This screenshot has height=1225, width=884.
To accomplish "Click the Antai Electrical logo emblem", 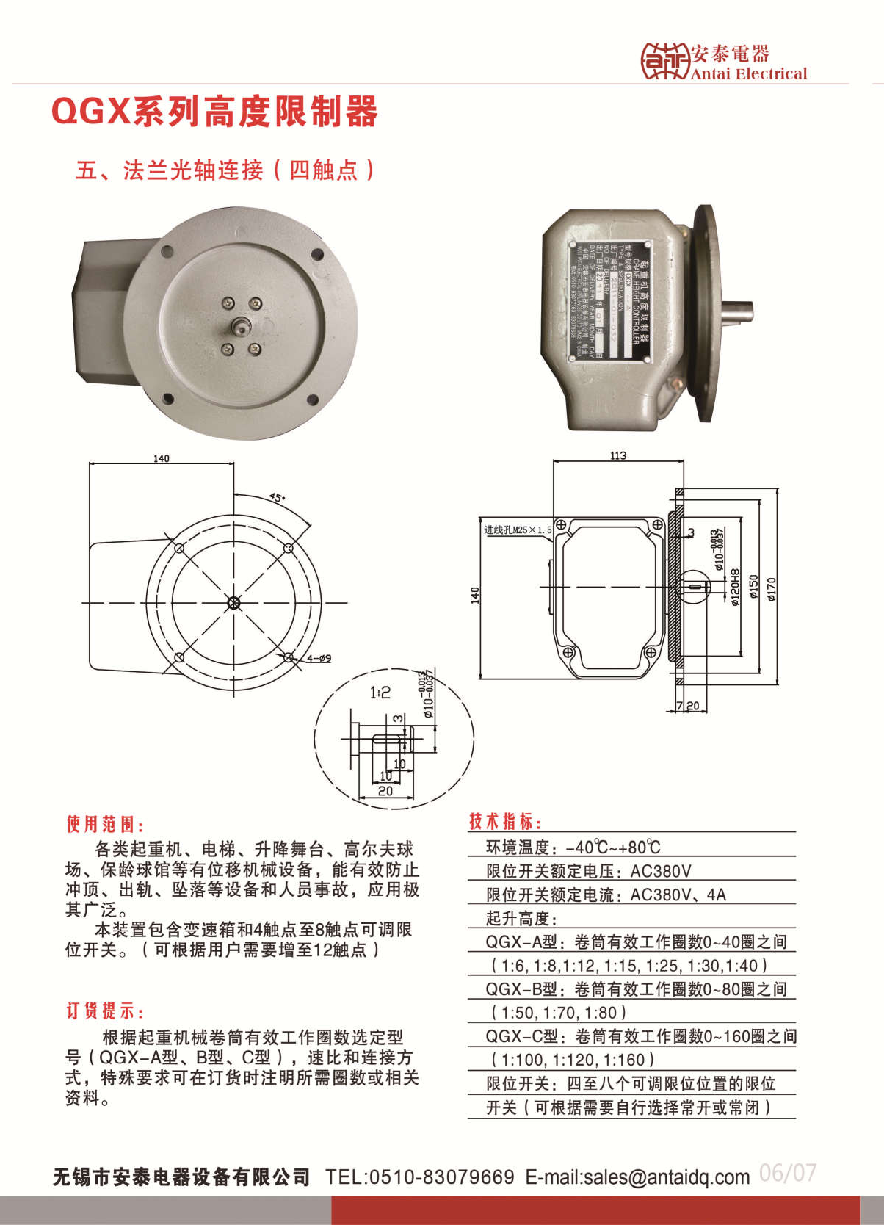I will point(664,60).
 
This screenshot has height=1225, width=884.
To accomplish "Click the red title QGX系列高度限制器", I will point(214,112).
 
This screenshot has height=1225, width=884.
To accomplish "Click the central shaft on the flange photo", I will point(241,324).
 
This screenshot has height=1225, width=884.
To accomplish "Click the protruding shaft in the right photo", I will point(736,312).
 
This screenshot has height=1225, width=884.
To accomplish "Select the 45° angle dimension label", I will point(277,497).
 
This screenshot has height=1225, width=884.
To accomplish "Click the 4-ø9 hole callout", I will point(319,658).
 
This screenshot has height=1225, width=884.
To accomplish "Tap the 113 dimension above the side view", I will point(618,455).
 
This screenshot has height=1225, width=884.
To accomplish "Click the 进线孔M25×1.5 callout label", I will point(517,530).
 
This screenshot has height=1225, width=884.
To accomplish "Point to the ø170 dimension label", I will point(771,589).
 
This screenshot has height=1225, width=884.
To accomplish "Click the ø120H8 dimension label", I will point(736,588).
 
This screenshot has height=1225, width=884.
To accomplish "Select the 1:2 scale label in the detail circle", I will point(380,693).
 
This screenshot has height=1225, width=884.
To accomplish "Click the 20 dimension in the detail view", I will point(385,791).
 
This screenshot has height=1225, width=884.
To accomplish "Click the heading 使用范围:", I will point(106,824).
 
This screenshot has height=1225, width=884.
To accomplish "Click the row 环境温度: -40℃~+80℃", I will point(573,847).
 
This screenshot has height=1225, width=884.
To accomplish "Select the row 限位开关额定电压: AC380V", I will point(588,871).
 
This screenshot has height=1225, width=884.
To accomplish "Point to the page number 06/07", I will point(787,1173).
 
